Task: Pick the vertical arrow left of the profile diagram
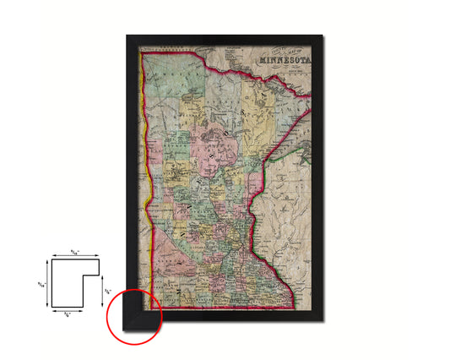48,283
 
